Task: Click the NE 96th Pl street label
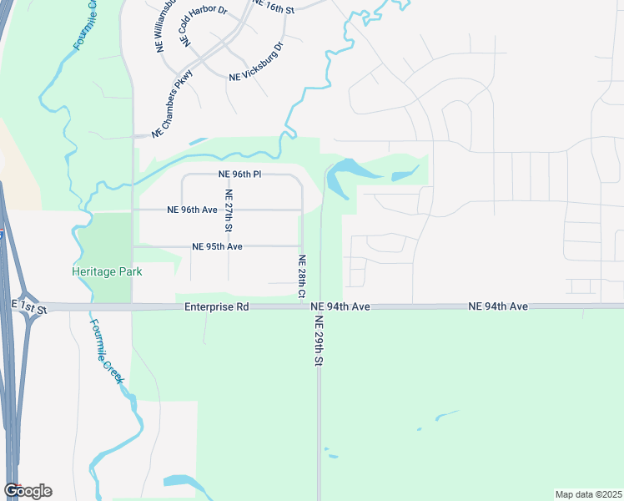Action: (x=240, y=175)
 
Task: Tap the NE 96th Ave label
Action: (x=192, y=210)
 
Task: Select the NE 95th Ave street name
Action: (x=217, y=246)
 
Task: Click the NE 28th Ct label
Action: (x=302, y=276)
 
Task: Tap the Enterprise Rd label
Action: (x=217, y=307)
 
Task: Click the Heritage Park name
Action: (x=107, y=271)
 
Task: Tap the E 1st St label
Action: (x=30, y=307)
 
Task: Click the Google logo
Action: (x=27, y=491)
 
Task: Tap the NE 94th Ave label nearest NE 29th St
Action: (x=340, y=307)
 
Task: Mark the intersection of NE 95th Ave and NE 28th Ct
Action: (x=302, y=246)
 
